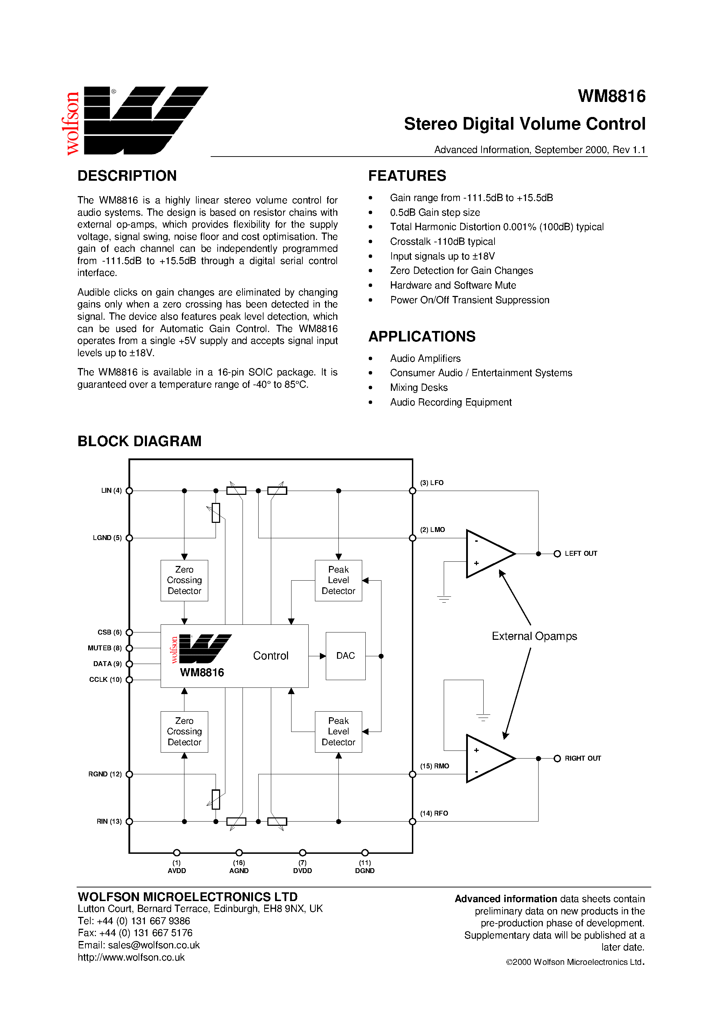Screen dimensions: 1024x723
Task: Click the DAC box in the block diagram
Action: (345, 656)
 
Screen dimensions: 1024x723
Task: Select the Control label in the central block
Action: (271, 656)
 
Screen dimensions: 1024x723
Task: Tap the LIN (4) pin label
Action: (111, 491)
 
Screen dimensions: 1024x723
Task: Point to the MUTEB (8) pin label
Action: (105, 648)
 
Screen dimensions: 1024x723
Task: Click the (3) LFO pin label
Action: (431, 483)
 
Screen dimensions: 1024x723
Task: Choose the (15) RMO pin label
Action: (434, 766)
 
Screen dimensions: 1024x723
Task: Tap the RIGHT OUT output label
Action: (583, 758)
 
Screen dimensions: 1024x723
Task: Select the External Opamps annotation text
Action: (534, 636)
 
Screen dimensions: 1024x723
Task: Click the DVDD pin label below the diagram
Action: (302, 871)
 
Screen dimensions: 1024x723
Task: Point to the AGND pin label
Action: (239, 871)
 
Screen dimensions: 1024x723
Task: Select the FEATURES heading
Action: (407, 176)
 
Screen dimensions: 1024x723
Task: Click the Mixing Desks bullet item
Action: (419, 388)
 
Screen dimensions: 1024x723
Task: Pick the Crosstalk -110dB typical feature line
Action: (442, 241)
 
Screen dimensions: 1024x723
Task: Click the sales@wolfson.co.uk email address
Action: (154, 945)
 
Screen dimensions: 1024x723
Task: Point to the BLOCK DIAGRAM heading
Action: (140, 441)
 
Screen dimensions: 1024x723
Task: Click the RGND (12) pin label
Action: (105, 774)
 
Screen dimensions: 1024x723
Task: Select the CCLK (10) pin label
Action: (105, 680)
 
